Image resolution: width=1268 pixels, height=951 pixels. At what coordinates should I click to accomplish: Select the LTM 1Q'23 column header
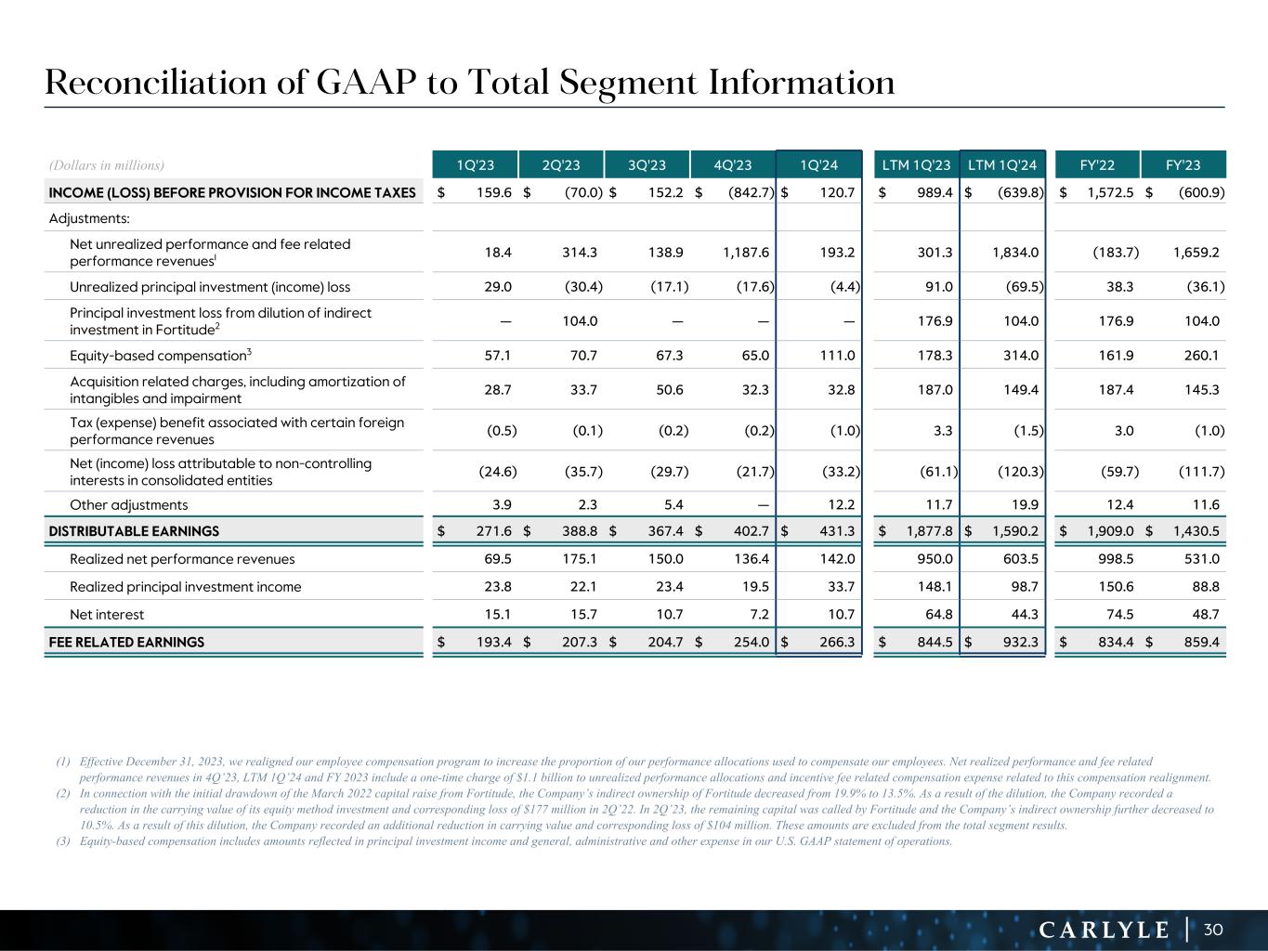916,165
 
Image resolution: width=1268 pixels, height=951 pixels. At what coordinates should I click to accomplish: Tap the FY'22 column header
1098,165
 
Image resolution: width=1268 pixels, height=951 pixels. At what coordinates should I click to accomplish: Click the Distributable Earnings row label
134,531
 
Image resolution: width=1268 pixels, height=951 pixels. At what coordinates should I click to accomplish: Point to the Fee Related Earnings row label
126,642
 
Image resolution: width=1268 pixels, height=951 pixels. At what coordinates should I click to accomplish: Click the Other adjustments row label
128,504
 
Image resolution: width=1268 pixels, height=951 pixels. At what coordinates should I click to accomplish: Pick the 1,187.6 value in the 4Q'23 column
748,252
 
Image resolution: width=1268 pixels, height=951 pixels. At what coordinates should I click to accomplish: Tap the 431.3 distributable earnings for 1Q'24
837,531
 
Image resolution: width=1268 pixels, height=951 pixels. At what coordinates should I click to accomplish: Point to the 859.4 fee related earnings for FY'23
1201,642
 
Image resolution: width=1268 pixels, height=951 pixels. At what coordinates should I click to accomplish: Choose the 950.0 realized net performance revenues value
935,559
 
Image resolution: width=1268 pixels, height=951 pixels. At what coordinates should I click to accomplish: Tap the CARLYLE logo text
1104,930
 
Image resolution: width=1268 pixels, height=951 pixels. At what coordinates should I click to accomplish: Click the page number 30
1213,930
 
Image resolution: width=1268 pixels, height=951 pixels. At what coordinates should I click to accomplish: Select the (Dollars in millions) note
106,165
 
